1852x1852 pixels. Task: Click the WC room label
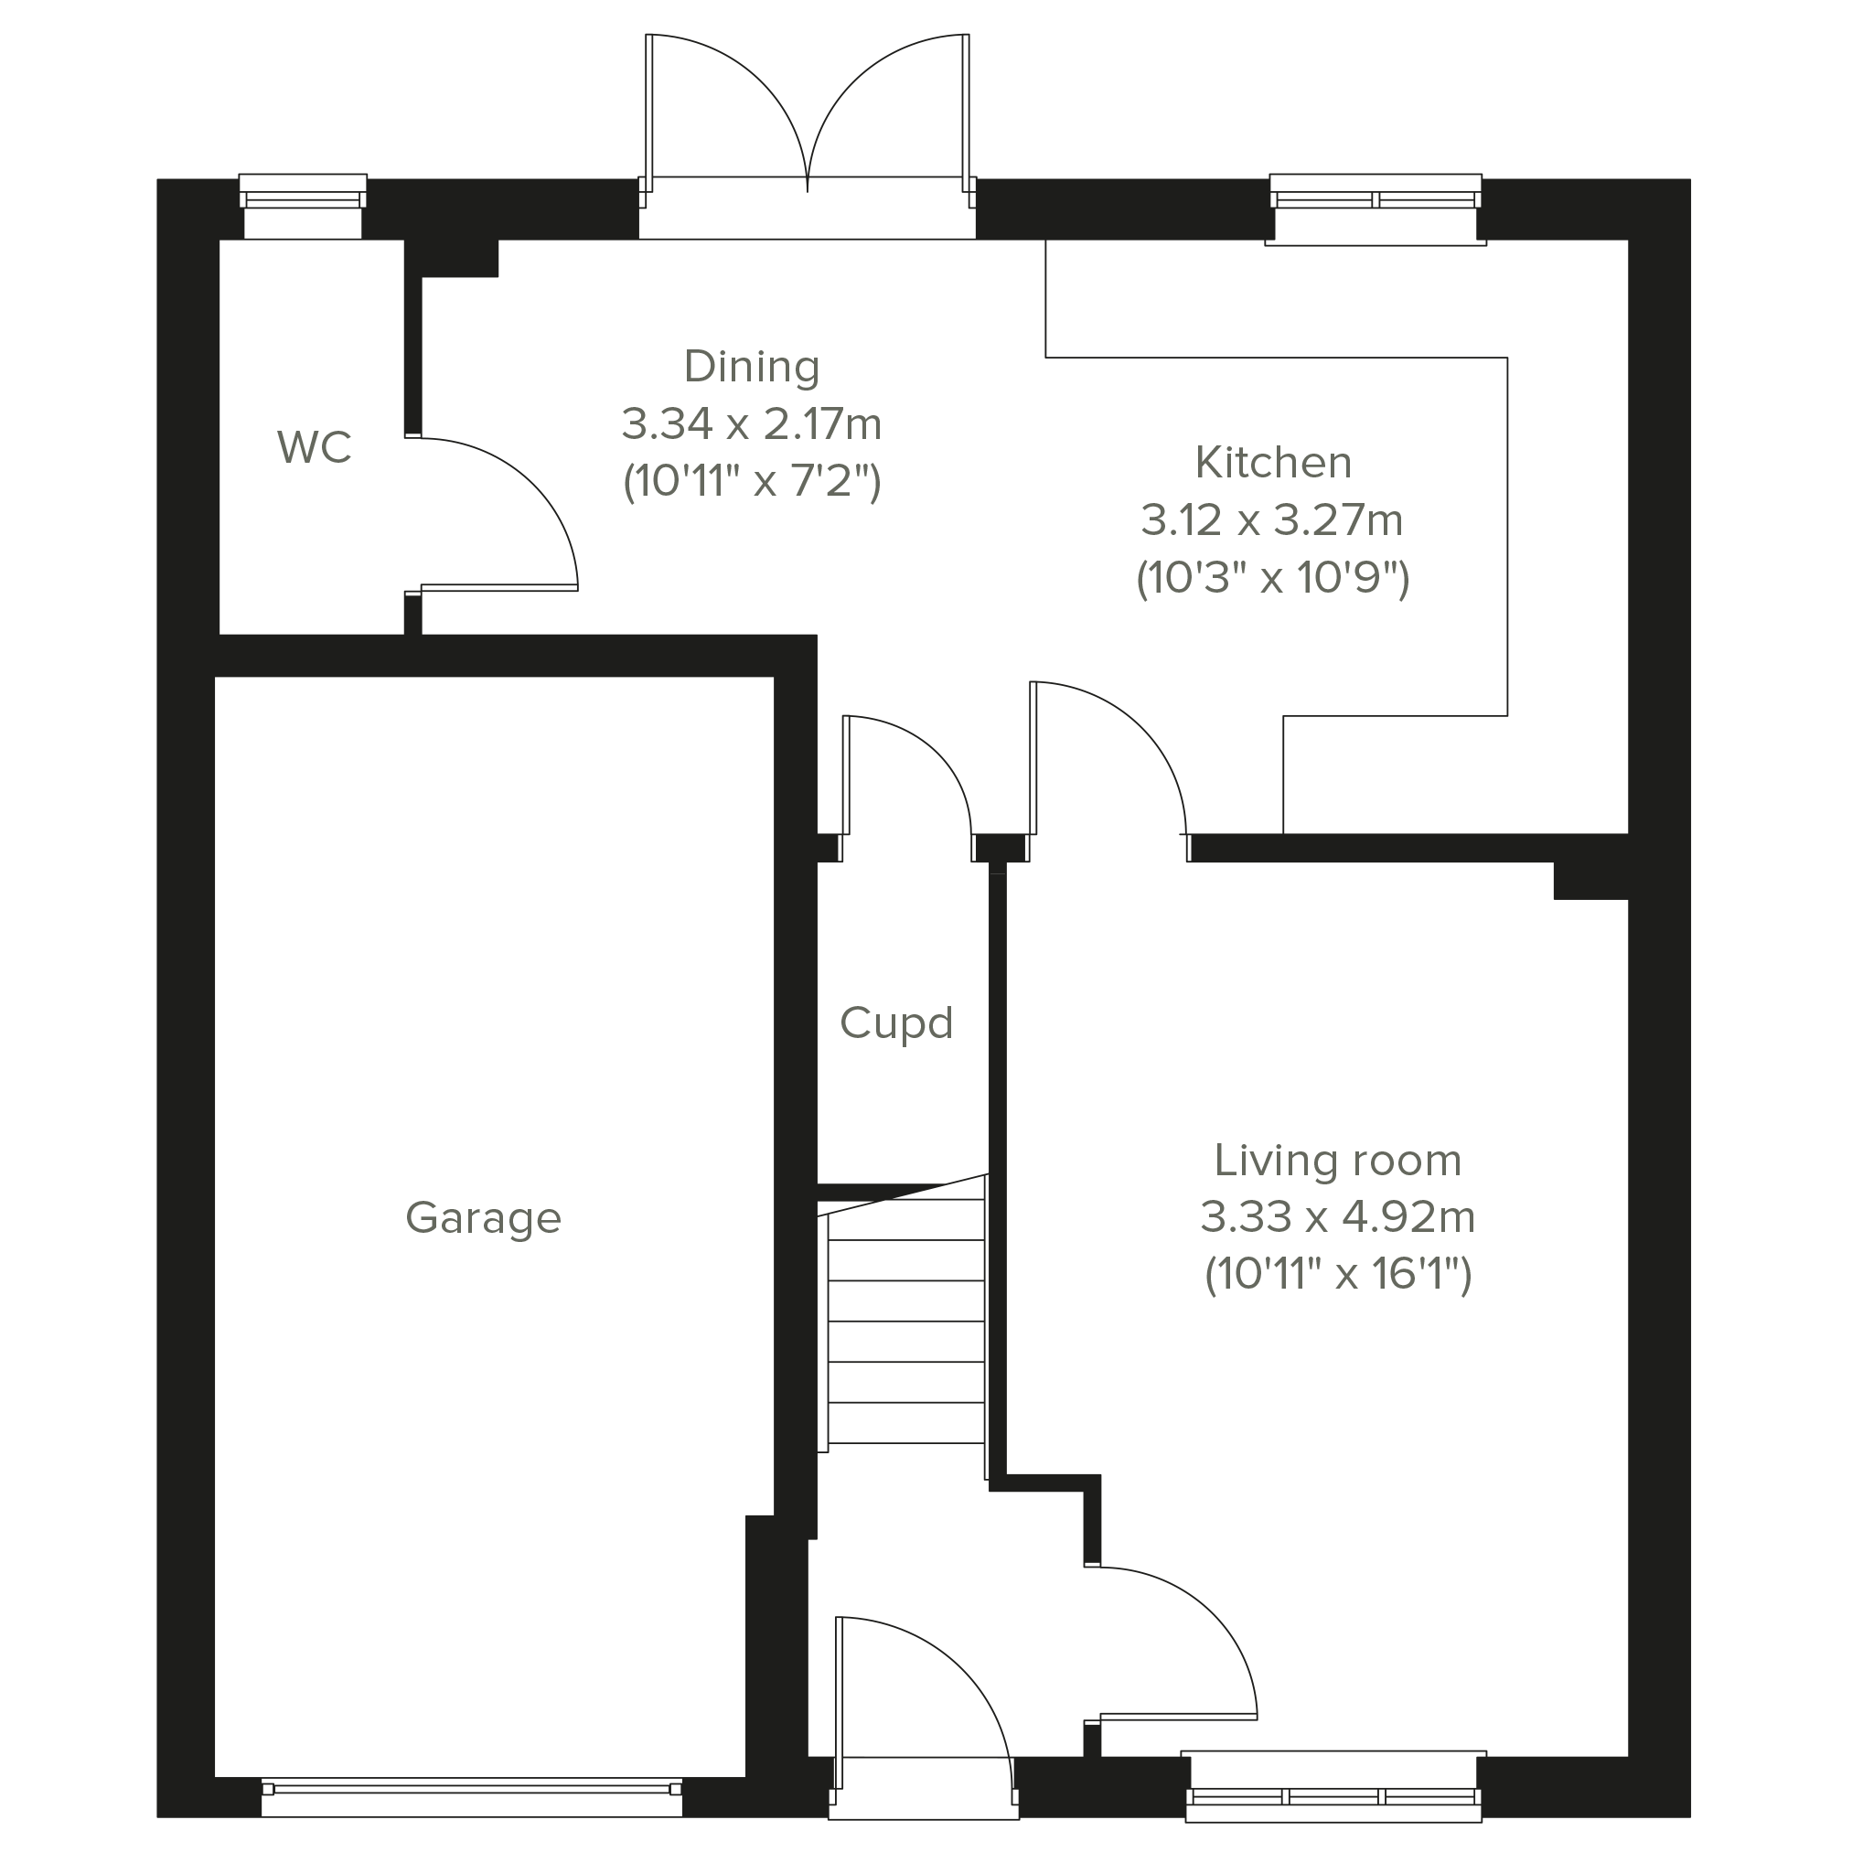coord(315,446)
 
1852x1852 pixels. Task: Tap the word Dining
coord(752,367)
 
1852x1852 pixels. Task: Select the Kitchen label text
coord(1273,462)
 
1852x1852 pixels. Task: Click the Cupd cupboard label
coord(896,1023)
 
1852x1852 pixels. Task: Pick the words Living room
coord(1337,1160)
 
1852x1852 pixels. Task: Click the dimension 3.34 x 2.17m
coord(752,423)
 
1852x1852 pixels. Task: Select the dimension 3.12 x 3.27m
coord(1272,519)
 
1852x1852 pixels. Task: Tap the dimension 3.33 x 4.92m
coord(1337,1216)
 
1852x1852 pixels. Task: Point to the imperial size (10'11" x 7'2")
coord(752,481)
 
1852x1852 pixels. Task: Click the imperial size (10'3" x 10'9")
coord(1272,577)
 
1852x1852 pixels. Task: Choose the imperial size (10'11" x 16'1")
coord(1337,1274)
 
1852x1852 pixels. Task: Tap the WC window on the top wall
coord(303,205)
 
